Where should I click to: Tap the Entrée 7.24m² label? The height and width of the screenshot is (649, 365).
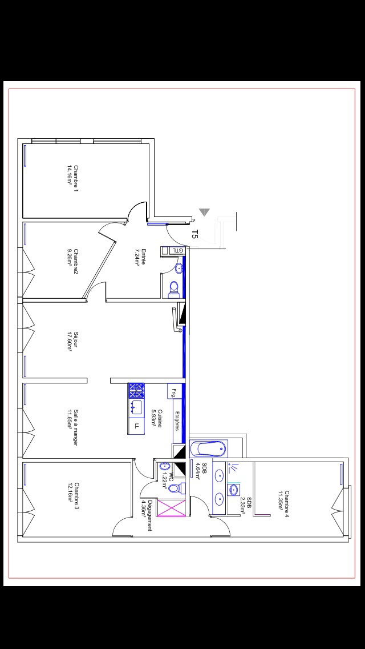tap(140, 257)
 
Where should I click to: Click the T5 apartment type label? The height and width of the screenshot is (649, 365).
tap(195, 234)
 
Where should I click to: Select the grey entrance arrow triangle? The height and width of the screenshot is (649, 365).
tap(204, 213)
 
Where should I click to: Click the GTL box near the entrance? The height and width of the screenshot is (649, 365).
tap(178, 250)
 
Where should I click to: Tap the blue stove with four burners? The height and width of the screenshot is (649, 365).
tap(136, 390)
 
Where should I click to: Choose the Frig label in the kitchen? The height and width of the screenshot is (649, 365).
tap(172, 392)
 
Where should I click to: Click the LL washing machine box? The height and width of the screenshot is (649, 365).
tap(136, 426)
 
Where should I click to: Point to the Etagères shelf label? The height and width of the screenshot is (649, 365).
tap(177, 420)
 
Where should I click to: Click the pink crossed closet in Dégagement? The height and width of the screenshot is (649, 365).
tap(172, 508)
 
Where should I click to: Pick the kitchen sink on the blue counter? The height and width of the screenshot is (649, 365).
tap(136, 407)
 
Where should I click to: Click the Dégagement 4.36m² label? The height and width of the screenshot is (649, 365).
tap(147, 515)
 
